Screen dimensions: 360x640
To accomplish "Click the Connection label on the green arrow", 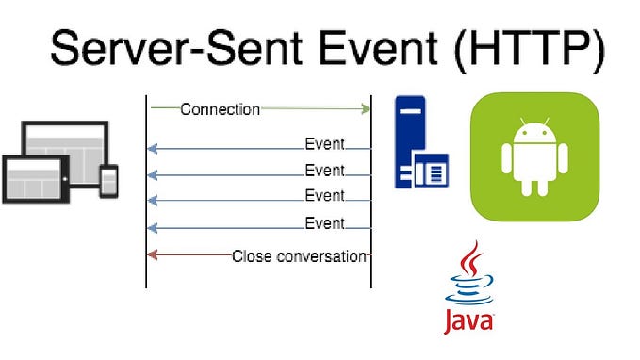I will click(x=220, y=109).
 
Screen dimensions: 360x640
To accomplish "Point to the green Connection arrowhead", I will click(x=366, y=109).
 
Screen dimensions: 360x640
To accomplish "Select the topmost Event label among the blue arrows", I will click(x=324, y=145).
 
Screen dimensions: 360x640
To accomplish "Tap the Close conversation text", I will click(x=299, y=255).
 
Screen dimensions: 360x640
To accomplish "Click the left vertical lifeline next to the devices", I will click(x=146, y=188).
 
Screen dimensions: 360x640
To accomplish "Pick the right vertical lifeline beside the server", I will click(x=371, y=188).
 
